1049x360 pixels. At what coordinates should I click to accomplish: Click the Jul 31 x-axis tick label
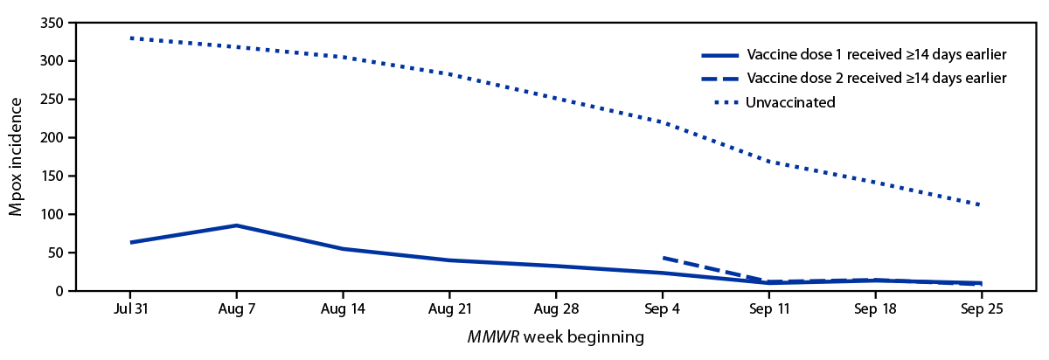tap(129, 310)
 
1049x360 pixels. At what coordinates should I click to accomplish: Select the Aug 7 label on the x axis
tap(236, 310)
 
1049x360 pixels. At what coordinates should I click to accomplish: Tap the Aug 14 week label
tap(343, 310)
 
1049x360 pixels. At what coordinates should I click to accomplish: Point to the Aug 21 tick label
tap(449, 310)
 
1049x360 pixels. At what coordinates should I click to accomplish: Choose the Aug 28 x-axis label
tap(556, 310)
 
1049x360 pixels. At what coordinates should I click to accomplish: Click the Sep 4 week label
tap(663, 310)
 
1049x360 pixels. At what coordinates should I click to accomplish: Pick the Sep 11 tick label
tap(769, 310)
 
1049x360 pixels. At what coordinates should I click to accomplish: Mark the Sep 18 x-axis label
tap(876, 310)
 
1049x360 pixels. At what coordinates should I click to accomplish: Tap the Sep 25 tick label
tap(983, 310)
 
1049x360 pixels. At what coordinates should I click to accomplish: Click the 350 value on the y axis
tap(53, 23)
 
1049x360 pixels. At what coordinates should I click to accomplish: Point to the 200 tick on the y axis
tap(53, 138)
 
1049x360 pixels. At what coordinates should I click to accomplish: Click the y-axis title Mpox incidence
tap(17, 156)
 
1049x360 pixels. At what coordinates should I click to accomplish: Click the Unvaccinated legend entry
tap(790, 102)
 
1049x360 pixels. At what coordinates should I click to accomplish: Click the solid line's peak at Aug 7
tap(236, 225)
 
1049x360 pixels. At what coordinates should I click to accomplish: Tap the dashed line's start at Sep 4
tap(664, 258)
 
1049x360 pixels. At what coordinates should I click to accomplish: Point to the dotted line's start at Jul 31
tap(130, 38)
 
